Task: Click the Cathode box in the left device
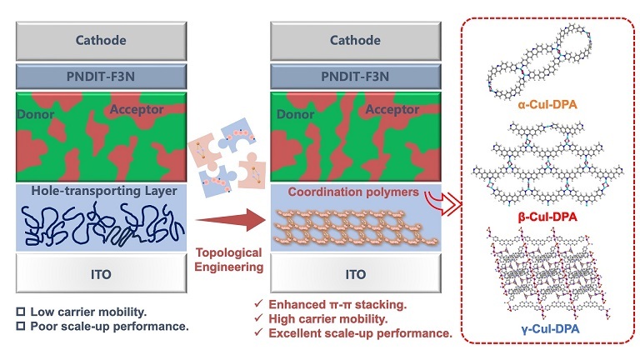click(x=101, y=41)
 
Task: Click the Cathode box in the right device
click(x=356, y=41)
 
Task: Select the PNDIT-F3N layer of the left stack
click(x=101, y=77)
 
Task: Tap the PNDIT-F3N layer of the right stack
click(x=356, y=77)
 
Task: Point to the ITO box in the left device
click(x=101, y=273)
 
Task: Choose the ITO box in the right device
click(x=356, y=273)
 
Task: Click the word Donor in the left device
click(x=36, y=114)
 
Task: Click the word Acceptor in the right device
click(x=392, y=109)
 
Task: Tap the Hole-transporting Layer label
click(x=104, y=191)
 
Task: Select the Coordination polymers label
click(x=353, y=192)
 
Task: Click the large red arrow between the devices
click(x=231, y=220)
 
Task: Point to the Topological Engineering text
click(x=228, y=260)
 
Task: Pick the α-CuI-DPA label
click(x=547, y=105)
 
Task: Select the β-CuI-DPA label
click(x=547, y=217)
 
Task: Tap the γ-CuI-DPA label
click(x=550, y=328)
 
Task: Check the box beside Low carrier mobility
click(x=20, y=312)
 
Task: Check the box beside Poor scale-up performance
click(x=20, y=326)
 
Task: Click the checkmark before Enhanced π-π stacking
click(x=258, y=303)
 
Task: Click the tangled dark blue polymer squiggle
click(x=102, y=224)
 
